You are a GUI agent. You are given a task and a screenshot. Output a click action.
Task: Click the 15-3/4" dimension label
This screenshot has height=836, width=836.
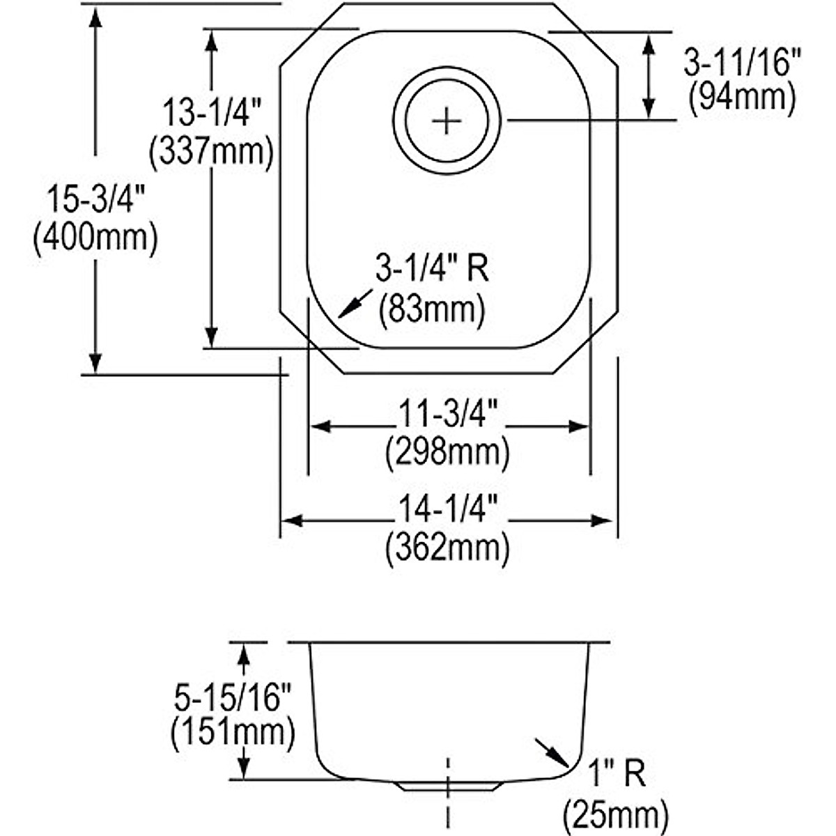click(x=95, y=201)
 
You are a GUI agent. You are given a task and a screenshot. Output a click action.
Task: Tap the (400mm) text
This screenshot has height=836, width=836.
click(x=95, y=238)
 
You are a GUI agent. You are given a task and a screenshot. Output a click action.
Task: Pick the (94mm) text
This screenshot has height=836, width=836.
click(x=741, y=98)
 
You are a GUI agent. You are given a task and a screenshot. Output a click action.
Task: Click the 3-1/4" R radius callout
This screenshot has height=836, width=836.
click(x=432, y=269)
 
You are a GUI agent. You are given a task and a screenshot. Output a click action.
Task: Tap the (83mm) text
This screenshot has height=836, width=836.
click(x=432, y=307)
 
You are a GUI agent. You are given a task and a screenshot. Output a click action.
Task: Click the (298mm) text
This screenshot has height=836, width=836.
click(x=448, y=453)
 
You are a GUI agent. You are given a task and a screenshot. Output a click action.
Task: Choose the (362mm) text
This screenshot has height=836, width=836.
click(x=448, y=548)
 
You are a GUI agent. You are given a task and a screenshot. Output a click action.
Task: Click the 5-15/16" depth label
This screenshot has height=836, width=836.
click(x=232, y=697)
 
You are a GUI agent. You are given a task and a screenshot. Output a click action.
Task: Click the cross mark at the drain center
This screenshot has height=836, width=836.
click(x=447, y=121)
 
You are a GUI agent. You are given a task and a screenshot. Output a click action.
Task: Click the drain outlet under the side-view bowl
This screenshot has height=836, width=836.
click(x=448, y=785)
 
